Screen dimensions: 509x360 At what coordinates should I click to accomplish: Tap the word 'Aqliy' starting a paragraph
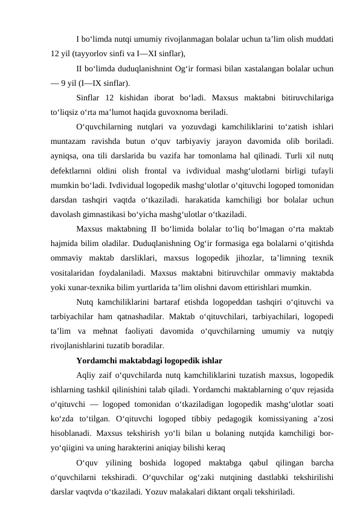tap(87, 374)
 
